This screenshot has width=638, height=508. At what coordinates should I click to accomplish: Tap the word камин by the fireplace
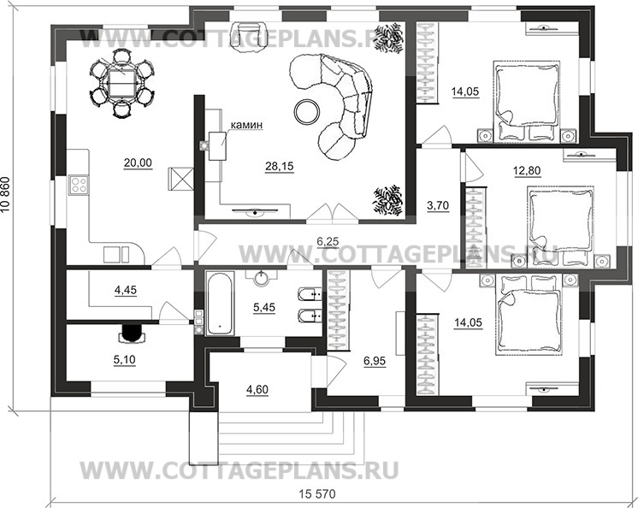[245, 126]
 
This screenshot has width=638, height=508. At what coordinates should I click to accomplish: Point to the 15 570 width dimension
[316, 495]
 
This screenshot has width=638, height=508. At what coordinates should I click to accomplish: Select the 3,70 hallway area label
[437, 205]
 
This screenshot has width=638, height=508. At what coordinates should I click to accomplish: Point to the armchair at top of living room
[253, 32]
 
